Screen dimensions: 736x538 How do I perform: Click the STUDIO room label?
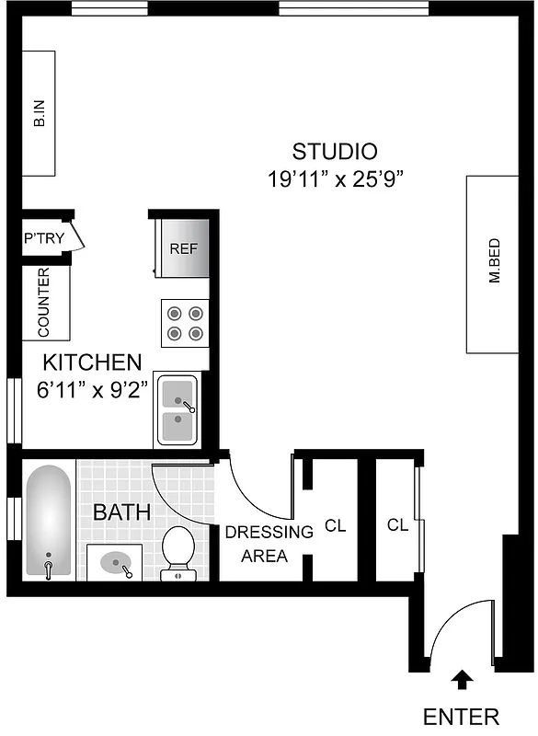pos(335,151)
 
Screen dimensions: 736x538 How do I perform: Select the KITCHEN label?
pos(93,362)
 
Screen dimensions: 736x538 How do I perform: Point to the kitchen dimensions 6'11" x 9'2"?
pos(93,389)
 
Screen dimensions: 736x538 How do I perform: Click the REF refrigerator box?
pos(183,248)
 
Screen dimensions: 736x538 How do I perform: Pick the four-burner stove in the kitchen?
pos(184,323)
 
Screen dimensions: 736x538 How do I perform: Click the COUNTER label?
pos(44,302)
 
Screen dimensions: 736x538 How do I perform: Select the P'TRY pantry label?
pos(43,238)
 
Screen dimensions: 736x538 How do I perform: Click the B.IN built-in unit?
pos(39,114)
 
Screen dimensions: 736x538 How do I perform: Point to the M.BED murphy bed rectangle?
pos(494,264)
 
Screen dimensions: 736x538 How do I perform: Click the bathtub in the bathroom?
pos(48,522)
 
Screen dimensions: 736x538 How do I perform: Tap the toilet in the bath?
pos(177,552)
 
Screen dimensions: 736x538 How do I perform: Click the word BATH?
pos(121,512)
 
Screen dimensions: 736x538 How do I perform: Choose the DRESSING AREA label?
pos(257,544)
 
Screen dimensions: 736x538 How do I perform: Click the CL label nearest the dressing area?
pos(335,527)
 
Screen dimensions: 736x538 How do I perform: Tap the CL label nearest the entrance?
pos(397,526)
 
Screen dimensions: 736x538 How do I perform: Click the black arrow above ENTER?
pos(462,680)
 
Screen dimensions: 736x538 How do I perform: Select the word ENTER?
pos(461,717)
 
